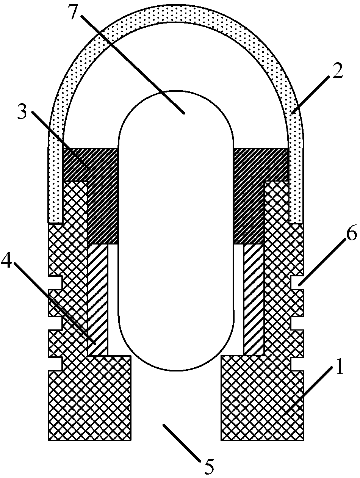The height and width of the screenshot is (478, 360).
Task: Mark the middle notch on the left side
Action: point(55,323)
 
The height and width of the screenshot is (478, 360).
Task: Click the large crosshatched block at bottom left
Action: point(90,402)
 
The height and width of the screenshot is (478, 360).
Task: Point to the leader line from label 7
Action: point(133,63)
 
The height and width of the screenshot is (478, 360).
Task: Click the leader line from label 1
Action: point(311,390)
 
